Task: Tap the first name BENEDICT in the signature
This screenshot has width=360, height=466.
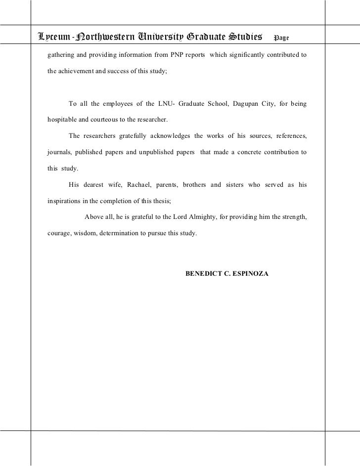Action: [x=204, y=273]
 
